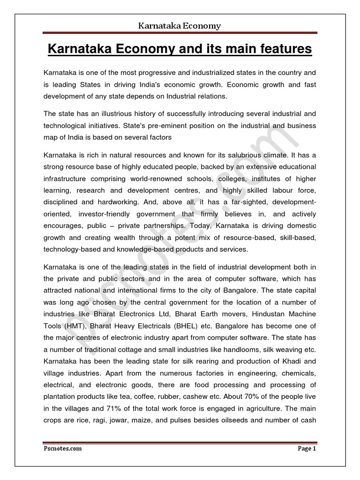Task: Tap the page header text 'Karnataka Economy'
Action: tap(180, 26)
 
